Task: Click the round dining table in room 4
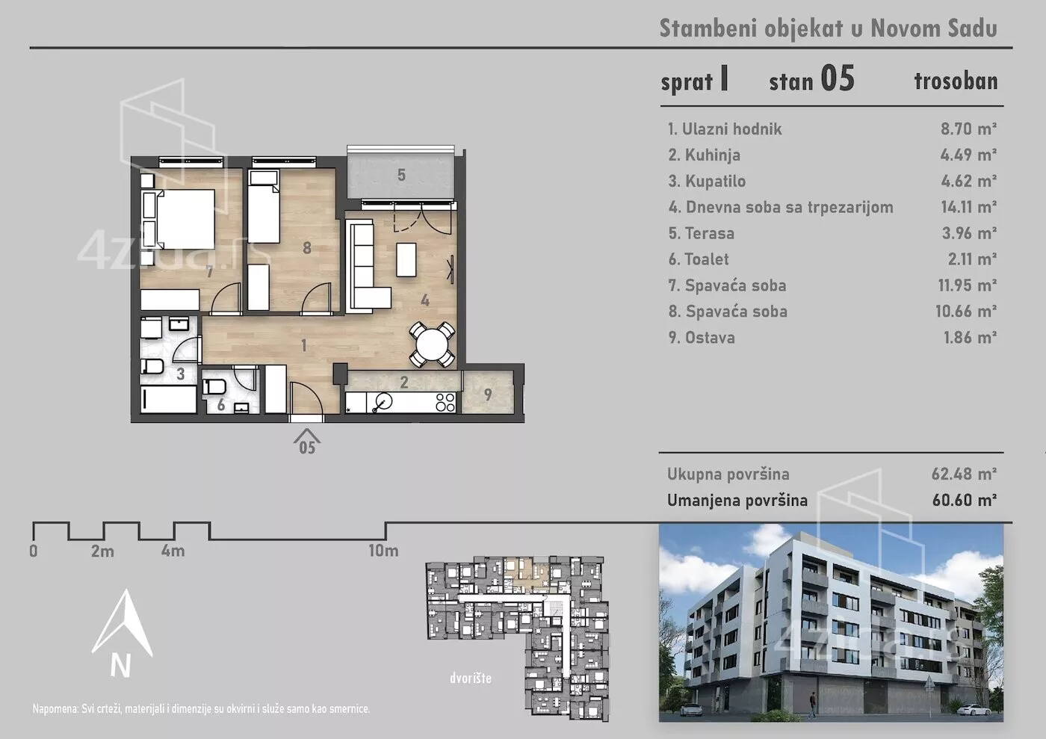point(432,344)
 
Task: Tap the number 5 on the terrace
point(401,175)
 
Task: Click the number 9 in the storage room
point(488,395)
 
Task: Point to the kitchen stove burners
point(445,402)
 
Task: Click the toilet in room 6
point(215,387)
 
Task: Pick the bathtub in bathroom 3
point(169,400)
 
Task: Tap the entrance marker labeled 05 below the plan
point(307,442)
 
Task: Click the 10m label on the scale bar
point(383,551)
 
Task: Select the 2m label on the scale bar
point(103,551)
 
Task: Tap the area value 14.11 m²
point(968,207)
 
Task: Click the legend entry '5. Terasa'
point(702,233)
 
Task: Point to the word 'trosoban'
point(956,81)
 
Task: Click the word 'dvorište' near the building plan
point(471,678)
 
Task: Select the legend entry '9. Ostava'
point(702,338)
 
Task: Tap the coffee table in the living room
point(406,260)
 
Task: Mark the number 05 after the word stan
point(838,78)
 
